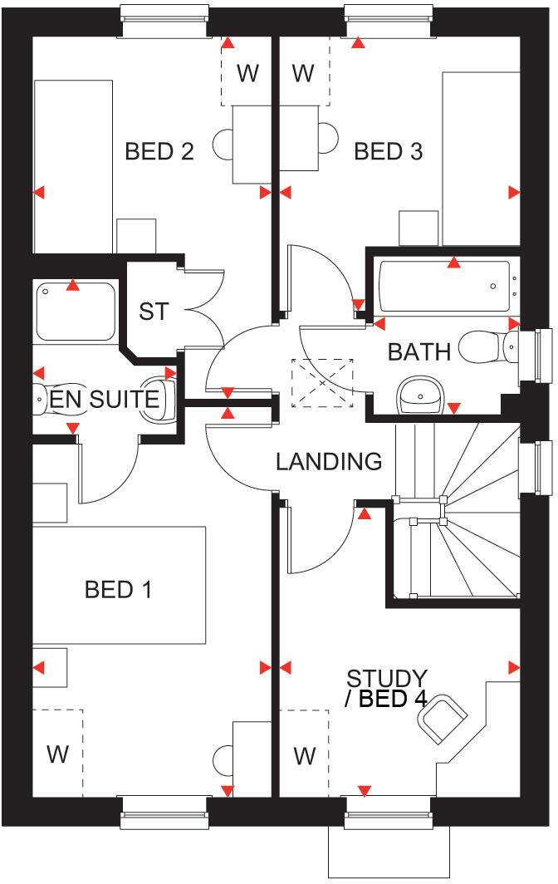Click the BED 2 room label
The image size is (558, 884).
(x=159, y=151)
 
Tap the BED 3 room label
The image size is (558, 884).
(x=388, y=151)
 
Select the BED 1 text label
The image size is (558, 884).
(x=119, y=590)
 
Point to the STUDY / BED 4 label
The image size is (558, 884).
(x=387, y=689)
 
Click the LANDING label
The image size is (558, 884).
(x=329, y=461)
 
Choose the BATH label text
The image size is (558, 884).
(x=419, y=351)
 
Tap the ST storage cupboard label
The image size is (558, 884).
(x=154, y=312)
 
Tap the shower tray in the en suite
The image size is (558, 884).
(x=76, y=312)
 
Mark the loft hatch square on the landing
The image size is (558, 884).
(x=322, y=383)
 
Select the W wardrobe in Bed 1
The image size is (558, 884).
(x=57, y=753)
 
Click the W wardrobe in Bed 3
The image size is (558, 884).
(x=303, y=73)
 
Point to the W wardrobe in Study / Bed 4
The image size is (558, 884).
(x=305, y=754)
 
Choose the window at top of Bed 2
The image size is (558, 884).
(x=164, y=21)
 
